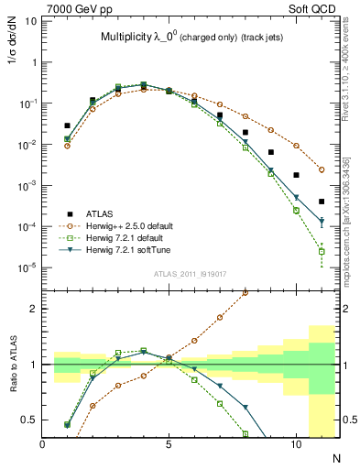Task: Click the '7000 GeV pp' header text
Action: pos(75,9)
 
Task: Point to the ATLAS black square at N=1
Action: pos(67,125)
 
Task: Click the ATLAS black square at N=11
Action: pos(322,202)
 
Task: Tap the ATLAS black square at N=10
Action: pos(296,175)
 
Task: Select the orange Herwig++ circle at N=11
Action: pos(322,169)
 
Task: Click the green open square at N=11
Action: pos(322,251)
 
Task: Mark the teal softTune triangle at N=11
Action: pos(322,222)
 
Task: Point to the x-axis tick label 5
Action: pos(169,443)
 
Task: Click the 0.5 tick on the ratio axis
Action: pos(35,420)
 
